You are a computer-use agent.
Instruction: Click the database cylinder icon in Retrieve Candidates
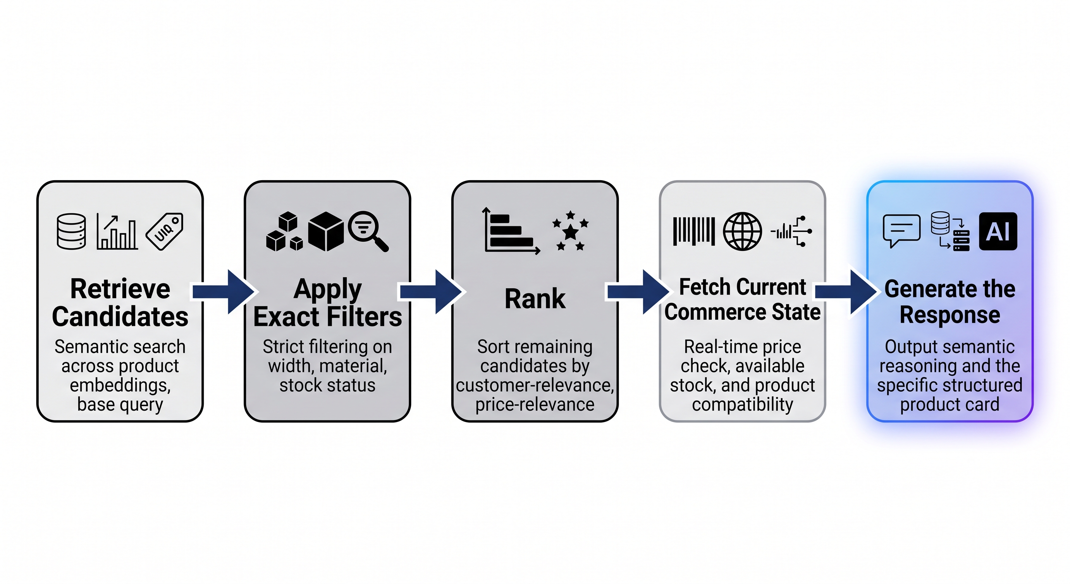pos(71,231)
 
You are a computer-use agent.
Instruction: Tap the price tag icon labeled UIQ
pos(165,231)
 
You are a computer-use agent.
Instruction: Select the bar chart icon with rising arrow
pos(117,232)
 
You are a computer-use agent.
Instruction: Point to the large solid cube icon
pos(326,231)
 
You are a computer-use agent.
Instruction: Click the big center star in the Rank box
pos(571,232)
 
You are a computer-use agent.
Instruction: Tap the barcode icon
pos(694,231)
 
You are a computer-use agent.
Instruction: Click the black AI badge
pos(998,231)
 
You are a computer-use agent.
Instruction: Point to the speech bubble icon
pos(901,231)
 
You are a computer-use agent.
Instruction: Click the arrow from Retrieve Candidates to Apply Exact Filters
pos(223,292)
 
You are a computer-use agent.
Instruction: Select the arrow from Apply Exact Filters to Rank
pos(431,292)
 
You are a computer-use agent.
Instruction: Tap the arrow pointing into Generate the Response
pos(846,292)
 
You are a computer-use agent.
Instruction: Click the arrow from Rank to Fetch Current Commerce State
pos(638,292)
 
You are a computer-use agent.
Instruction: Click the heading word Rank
pos(535,298)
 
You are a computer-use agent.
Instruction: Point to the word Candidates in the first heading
pos(120,317)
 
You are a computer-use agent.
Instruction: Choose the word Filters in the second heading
pos(365,317)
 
